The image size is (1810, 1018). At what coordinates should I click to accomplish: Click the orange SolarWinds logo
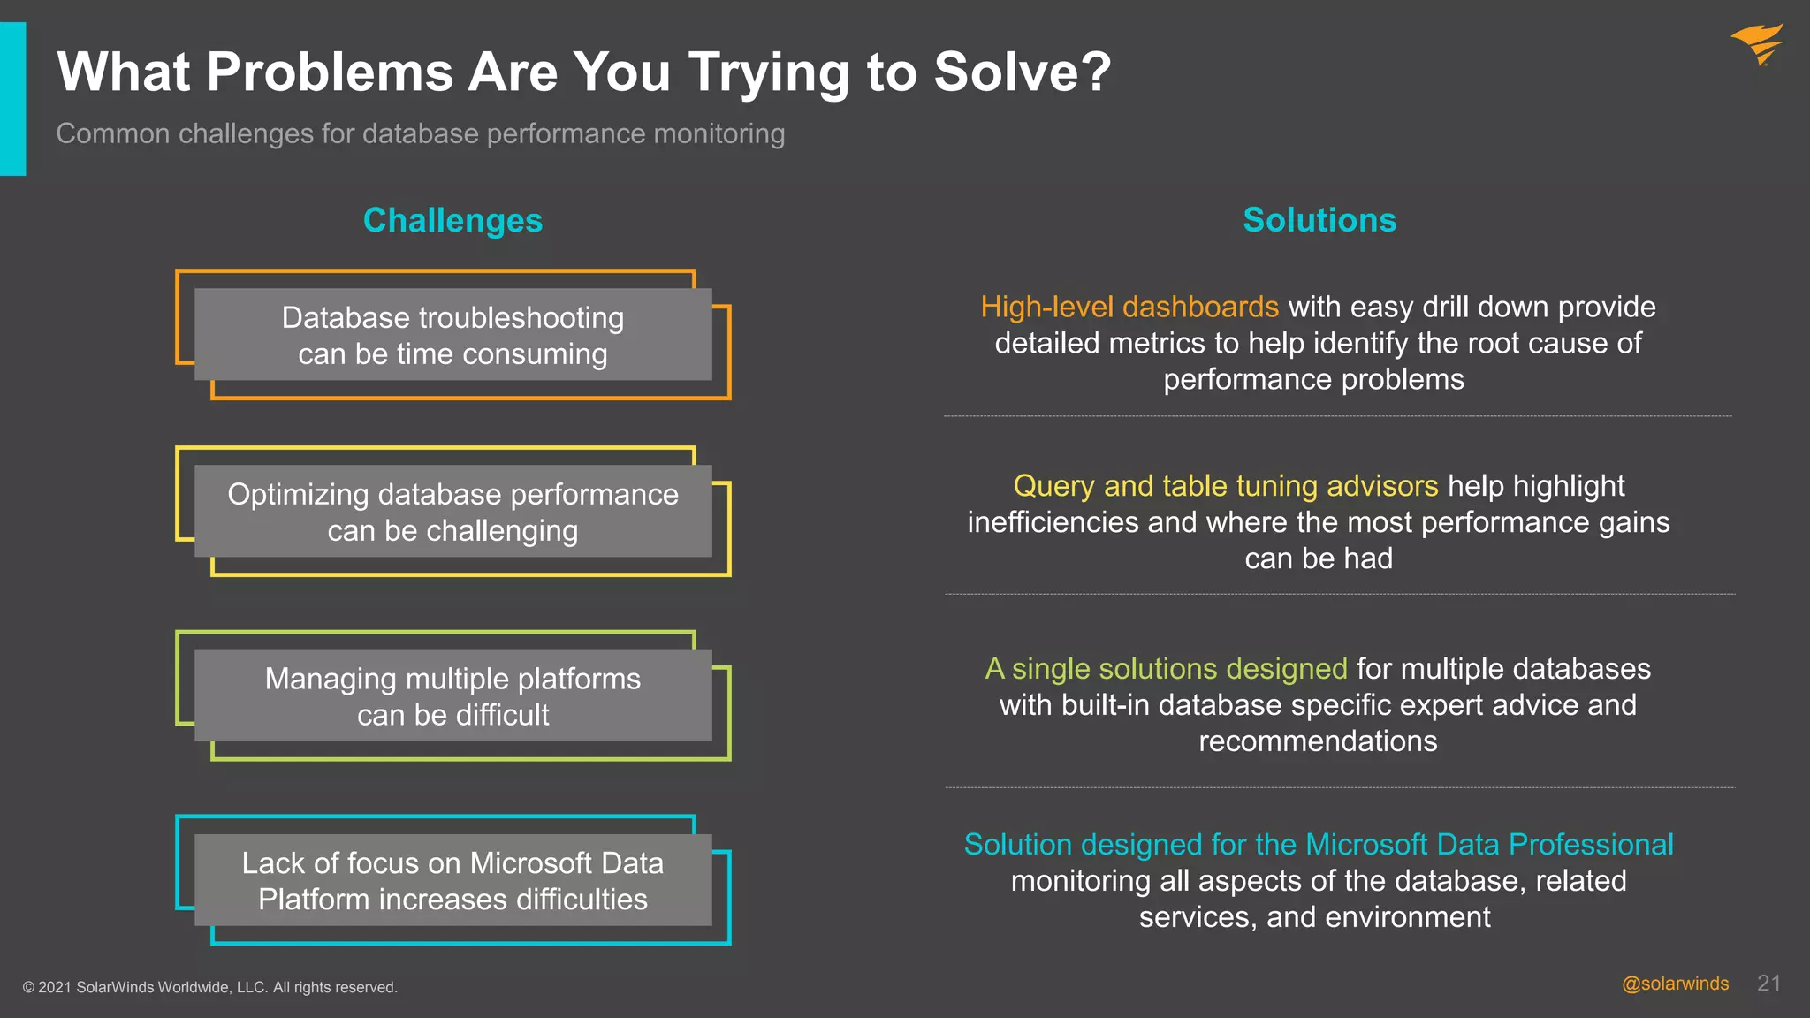tap(1757, 43)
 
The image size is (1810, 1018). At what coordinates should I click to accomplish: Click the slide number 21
tap(1768, 984)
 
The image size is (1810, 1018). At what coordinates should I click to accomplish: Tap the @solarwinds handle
tap(1675, 984)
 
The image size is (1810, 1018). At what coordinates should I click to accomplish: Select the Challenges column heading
tap(452, 220)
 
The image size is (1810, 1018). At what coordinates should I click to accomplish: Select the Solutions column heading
tap(1319, 220)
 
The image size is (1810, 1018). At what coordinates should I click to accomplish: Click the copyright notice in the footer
tap(209, 987)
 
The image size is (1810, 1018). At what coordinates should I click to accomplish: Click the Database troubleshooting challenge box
tap(452, 335)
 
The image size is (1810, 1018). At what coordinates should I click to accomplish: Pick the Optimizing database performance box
tap(452, 512)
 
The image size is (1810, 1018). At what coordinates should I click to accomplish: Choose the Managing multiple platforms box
tap(452, 695)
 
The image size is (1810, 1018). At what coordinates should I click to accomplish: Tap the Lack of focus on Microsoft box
tap(452, 880)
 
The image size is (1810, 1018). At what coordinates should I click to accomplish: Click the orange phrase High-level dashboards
tap(1129, 307)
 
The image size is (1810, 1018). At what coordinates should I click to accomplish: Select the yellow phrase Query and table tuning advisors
tap(1225, 486)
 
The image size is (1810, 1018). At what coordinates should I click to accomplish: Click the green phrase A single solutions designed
tap(1166, 669)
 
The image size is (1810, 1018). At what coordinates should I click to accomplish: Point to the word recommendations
tap(1317, 741)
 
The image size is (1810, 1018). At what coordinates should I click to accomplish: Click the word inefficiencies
tap(1053, 522)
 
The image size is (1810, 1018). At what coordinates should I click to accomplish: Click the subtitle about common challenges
tap(420, 133)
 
